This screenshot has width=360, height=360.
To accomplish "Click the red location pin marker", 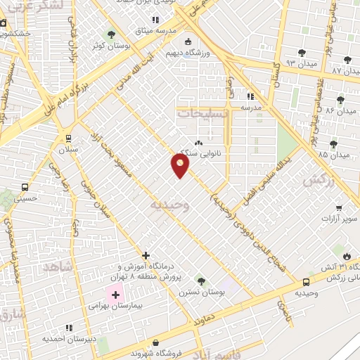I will point(180,165).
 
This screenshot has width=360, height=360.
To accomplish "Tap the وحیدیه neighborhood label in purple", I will point(169,204).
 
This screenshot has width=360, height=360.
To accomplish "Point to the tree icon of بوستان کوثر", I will point(111,34).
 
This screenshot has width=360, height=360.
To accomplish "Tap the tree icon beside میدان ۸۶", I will point(342,100).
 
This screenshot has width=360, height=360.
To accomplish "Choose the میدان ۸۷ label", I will point(345,71).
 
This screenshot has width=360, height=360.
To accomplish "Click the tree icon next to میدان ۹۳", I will point(302,52).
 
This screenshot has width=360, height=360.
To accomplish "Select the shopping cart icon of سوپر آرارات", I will point(340,209).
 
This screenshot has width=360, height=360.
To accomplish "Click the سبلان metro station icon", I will point(68,138).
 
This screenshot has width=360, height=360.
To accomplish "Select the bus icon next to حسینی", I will point(25,187).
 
